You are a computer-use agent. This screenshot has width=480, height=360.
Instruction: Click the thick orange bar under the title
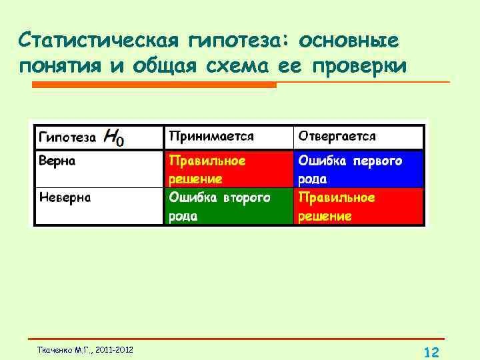click(x=153, y=85)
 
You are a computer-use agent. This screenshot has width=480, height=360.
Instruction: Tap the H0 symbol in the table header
click(x=114, y=138)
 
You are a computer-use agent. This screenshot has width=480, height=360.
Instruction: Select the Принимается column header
click(x=211, y=136)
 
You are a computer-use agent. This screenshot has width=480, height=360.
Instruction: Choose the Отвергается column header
click(x=337, y=136)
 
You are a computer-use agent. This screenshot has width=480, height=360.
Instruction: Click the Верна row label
click(x=57, y=161)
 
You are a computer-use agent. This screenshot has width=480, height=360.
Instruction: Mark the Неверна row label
click(x=65, y=197)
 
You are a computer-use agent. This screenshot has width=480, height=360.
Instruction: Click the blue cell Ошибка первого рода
click(x=358, y=169)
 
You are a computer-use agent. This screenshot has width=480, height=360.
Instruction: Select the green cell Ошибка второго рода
click(x=228, y=206)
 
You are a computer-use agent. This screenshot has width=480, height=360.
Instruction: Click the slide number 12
click(x=431, y=352)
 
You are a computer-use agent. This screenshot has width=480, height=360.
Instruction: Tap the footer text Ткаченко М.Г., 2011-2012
click(x=85, y=350)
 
